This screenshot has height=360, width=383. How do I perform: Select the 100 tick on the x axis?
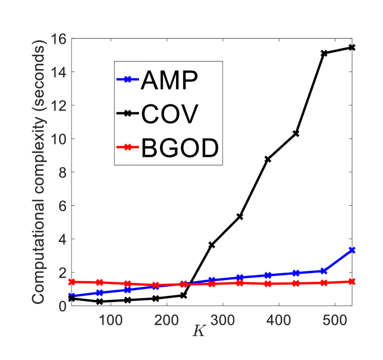tap(111, 319)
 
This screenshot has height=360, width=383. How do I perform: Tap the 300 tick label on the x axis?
tap(223, 319)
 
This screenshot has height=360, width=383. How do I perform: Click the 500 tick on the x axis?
tap(335, 319)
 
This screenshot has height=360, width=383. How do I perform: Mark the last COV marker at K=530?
tap(351, 48)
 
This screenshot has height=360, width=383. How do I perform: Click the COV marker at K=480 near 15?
tap(323, 53)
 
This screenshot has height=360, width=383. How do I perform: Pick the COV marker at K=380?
tap(267, 159)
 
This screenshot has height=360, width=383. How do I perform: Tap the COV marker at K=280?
tap(212, 245)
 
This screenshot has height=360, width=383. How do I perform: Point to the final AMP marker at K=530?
tap(352, 250)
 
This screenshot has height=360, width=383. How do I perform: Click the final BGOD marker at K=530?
tap(352, 281)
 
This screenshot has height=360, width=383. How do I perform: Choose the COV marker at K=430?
tap(296, 134)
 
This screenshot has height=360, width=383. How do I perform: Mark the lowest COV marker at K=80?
tap(99, 302)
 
